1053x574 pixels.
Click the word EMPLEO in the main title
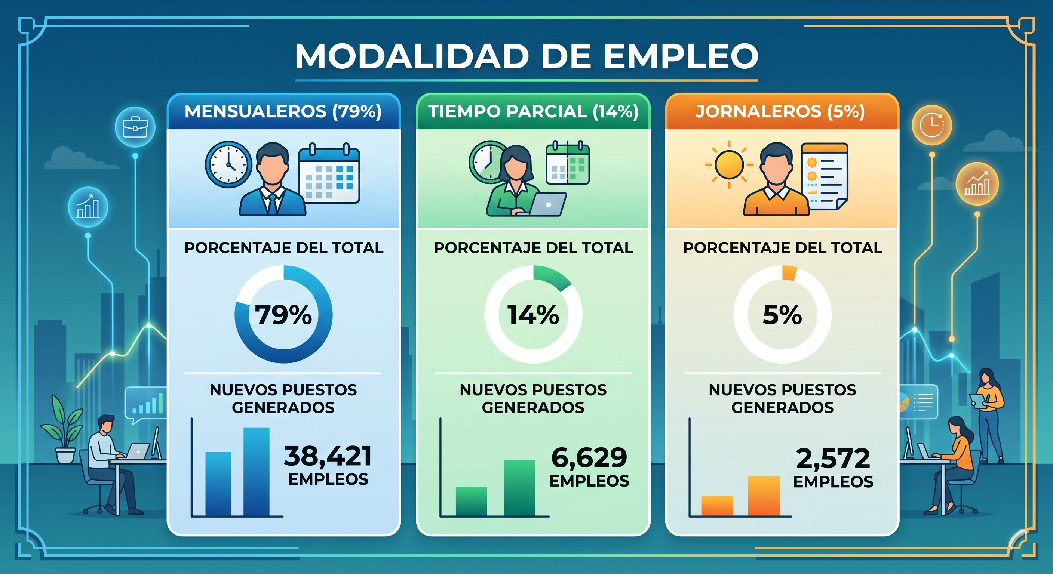click(681, 56)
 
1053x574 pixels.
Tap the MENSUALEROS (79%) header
click(283, 111)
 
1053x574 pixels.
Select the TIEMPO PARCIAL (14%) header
click(533, 111)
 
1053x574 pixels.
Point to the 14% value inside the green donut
click(533, 315)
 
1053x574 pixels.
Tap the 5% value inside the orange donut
click(782, 315)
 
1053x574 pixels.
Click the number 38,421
click(328, 456)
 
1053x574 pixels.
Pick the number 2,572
click(833, 459)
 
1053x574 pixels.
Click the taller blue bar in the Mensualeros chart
click(256, 472)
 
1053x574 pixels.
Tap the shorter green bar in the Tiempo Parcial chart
click(471, 501)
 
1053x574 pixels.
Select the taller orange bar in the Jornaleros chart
click(764, 496)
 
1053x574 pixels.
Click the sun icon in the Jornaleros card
click(729, 165)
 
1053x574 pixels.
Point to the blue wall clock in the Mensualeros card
click(228, 165)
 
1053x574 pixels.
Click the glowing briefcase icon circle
click(135, 127)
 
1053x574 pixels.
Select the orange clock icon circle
click(931, 124)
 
